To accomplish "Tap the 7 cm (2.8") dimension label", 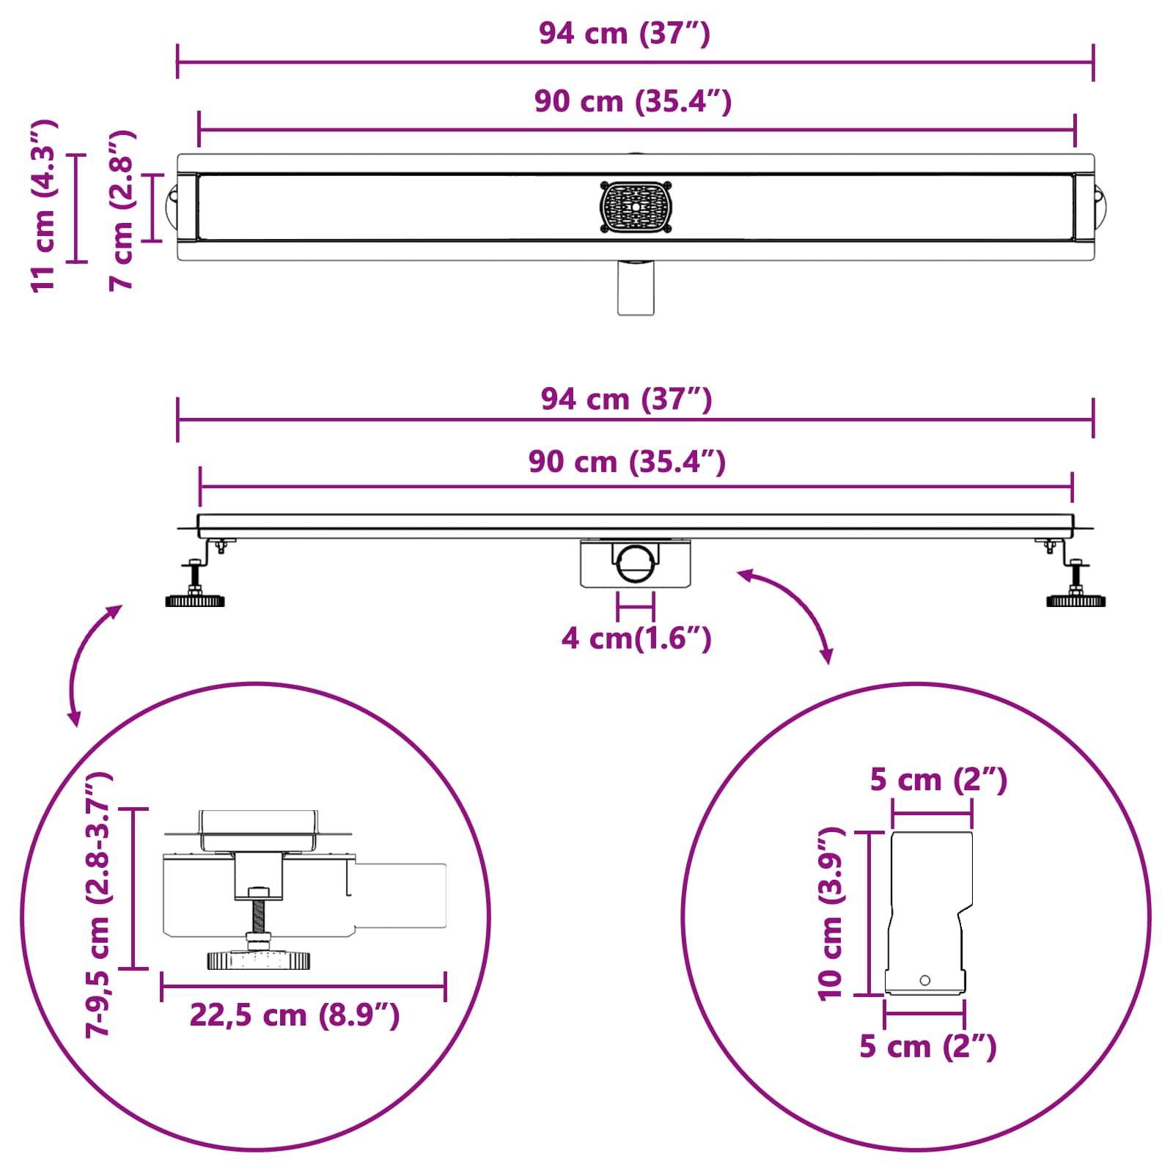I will pos(122,211).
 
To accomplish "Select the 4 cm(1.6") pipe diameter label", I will pos(636,639).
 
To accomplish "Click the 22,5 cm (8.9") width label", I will pos(295,1015).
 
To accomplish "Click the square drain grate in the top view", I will pos(636,207).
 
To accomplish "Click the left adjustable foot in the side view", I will pos(195,591).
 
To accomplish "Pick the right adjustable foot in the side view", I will pos(1075,591).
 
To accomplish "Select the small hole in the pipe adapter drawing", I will pos(924,980).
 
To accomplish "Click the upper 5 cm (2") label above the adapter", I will pos(938,779).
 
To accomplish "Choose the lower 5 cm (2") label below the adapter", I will pos(928,1046).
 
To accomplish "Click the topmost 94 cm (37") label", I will pos(625,34).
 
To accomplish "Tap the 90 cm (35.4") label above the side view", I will pos(628,462).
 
